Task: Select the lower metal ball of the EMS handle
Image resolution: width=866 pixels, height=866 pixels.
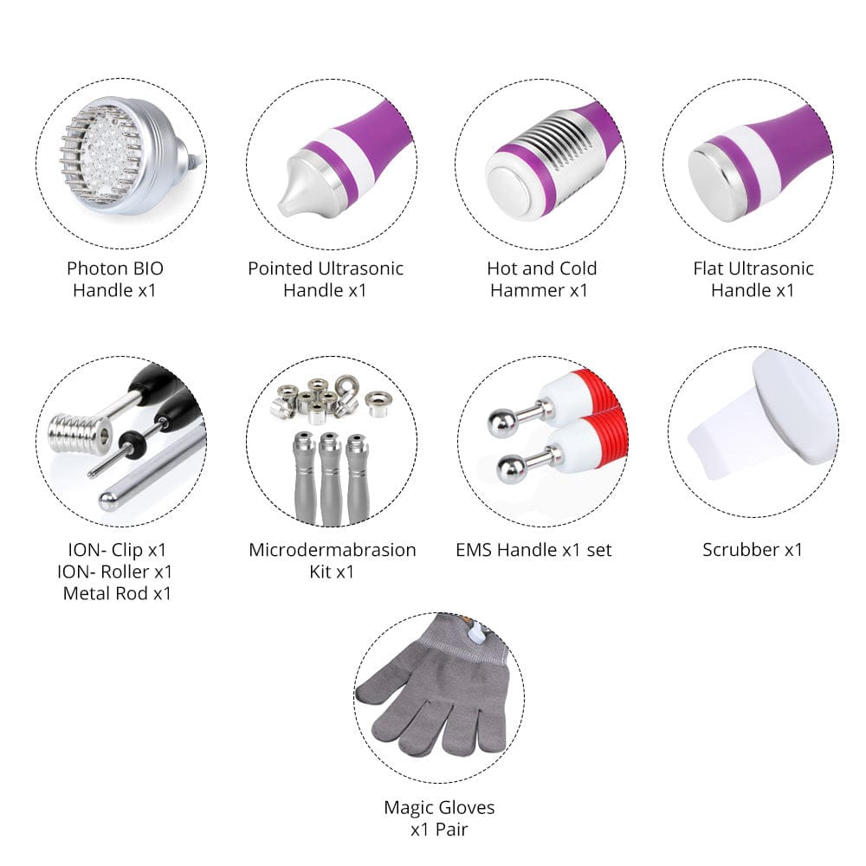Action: click(511, 469)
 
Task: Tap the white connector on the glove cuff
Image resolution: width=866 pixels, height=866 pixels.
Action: click(475, 632)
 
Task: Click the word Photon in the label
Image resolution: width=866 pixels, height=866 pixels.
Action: click(95, 268)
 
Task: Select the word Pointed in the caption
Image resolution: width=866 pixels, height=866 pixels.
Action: click(280, 268)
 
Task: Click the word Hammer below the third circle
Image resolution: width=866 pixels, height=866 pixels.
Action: click(527, 290)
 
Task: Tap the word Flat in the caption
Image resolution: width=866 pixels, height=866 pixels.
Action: click(708, 268)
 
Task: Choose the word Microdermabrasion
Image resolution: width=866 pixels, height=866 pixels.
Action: click(333, 550)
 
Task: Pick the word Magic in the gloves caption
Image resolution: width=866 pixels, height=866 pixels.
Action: click(408, 807)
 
